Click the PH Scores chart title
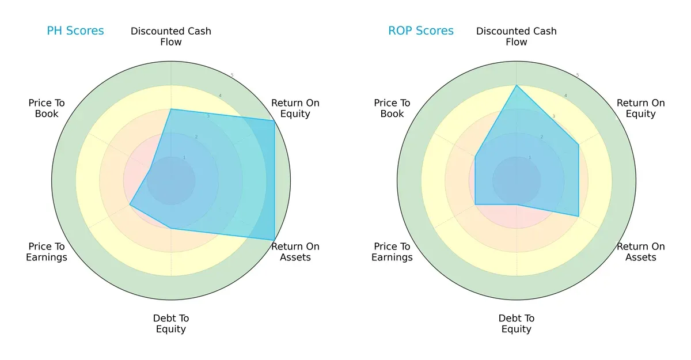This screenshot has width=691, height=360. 75,31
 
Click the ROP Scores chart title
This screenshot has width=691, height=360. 421,31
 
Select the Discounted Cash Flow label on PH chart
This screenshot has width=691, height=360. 171,36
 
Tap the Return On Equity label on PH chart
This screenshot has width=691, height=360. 295,108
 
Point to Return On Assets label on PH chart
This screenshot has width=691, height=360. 295,252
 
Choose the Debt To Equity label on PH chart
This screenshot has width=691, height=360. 171,324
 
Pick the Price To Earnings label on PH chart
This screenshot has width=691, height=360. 47,252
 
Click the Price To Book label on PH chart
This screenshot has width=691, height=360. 47,108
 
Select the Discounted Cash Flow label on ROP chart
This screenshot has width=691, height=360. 517,36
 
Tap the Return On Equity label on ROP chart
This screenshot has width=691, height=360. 641,108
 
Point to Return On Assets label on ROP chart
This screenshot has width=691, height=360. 641,252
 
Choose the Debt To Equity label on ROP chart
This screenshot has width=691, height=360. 517,324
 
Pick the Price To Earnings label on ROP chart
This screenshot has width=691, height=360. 392,252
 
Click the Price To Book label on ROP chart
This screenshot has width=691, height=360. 392,108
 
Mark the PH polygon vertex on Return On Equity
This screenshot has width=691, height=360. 274,120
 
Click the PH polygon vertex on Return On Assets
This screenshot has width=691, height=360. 274,240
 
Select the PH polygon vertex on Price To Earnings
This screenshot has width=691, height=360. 130,204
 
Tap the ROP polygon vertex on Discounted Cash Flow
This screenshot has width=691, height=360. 517,85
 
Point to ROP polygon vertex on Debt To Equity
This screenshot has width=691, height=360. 517,204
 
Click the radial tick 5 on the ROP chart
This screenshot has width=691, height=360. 578,75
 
